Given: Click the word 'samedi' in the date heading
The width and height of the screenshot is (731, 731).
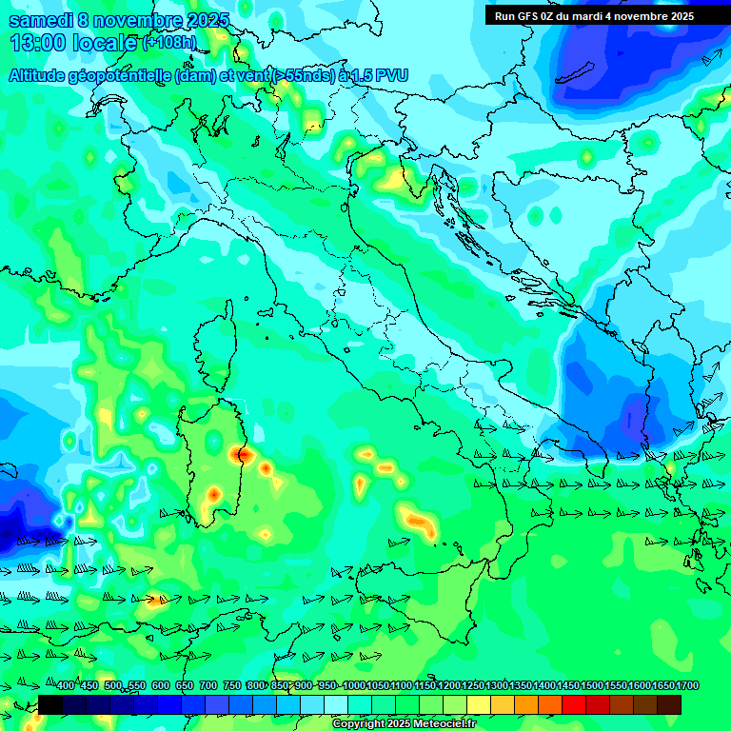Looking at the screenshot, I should click(x=41, y=21).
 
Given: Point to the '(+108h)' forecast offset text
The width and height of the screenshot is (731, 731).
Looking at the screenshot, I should click(x=169, y=43).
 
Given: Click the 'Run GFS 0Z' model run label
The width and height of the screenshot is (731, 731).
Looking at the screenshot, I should click(x=525, y=16).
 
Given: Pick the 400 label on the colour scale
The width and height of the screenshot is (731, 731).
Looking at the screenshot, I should click(x=65, y=686).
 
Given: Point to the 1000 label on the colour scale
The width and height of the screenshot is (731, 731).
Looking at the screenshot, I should click(x=353, y=686).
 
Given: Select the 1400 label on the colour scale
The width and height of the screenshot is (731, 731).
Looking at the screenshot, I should click(x=543, y=686).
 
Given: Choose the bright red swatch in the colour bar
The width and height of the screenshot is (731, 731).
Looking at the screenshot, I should click(x=574, y=704).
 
